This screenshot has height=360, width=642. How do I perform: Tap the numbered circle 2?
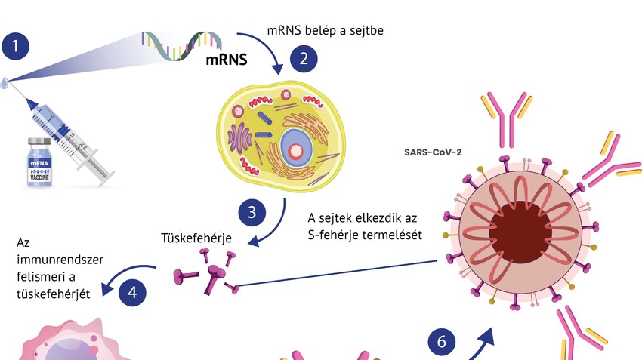click(304, 57)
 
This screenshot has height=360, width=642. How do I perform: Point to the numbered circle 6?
click(442, 343)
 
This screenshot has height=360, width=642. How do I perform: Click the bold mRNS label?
click(227, 60)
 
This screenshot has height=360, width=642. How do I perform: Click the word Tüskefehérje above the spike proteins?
click(196, 238)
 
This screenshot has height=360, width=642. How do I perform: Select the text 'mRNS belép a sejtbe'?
click(330, 31)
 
